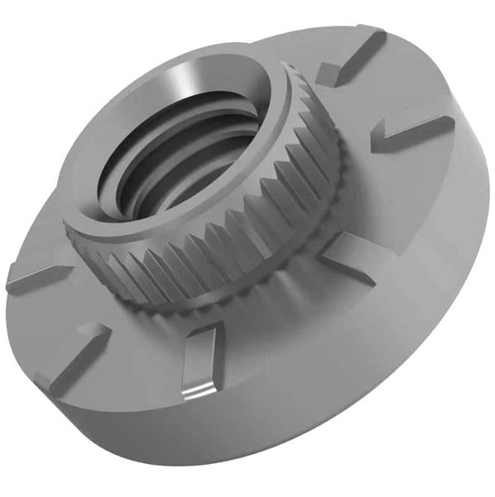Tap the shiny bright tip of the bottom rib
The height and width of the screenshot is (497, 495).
pos(195,389)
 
